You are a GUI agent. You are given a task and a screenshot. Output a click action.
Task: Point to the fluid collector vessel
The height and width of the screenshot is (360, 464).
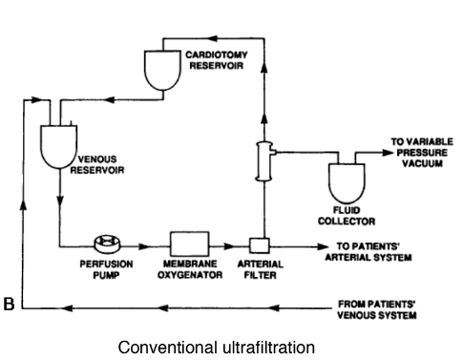346,180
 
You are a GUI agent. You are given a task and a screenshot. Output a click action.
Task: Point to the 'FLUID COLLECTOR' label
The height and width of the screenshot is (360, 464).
345,217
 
